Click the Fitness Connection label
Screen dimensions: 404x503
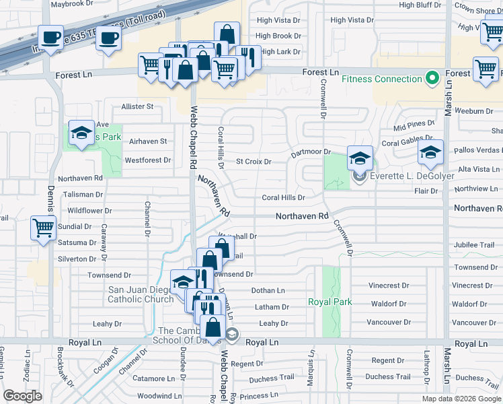[381, 79]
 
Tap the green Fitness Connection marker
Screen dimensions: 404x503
[431, 79]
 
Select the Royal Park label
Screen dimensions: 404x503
[330, 302]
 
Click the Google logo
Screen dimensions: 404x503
[22, 396]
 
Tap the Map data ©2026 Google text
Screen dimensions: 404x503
[461, 399]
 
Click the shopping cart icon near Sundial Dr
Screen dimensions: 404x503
[43, 228]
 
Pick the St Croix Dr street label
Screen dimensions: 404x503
[254, 162]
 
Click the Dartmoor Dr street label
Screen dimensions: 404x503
[311, 153]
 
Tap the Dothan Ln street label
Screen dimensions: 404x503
[268, 291]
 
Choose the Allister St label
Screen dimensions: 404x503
[137, 106]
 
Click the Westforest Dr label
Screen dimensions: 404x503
[148, 160]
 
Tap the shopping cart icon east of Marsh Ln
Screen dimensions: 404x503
[486, 68]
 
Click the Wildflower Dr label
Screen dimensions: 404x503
[89, 211]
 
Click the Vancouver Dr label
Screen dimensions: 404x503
[474, 323]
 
